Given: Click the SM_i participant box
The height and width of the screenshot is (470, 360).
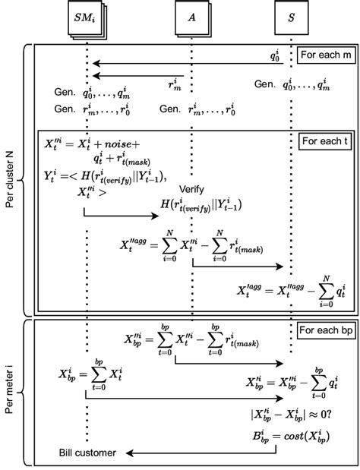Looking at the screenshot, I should coord(87,17).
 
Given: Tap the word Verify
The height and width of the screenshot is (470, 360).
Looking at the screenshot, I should coord(192,188).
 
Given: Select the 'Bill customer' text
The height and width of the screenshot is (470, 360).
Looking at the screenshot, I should coord(88,453).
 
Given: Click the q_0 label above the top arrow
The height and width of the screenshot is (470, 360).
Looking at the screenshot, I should coord(275,55).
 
